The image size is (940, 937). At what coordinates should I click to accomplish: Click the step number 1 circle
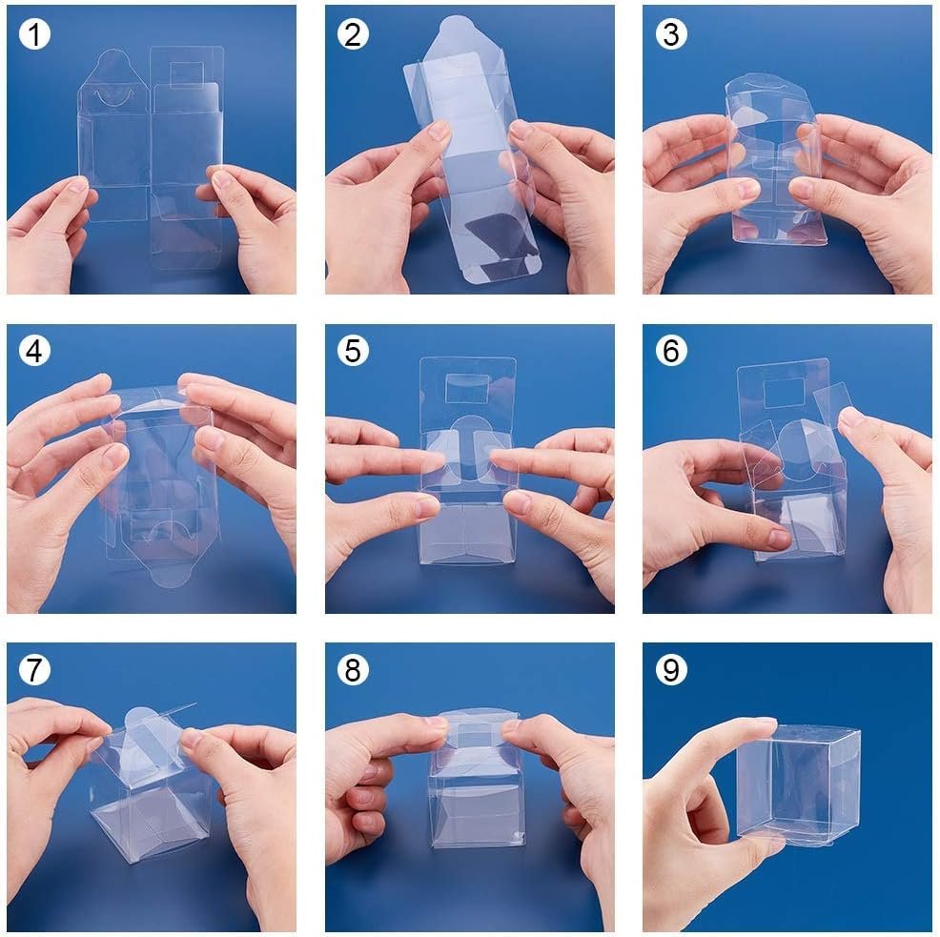(x=35, y=34)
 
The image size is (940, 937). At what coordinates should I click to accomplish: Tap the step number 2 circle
(x=354, y=34)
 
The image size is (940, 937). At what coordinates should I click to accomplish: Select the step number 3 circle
(x=671, y=34)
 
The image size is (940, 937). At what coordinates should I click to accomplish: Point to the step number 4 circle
(x=35, y=352)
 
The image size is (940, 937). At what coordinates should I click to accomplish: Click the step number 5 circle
(x=354, y=352)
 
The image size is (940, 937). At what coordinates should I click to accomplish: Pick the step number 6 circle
(x=671, y=352)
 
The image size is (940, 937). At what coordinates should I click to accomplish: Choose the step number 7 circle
(x=35, y=670)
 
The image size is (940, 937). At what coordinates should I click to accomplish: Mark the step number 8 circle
(x=354, y=670)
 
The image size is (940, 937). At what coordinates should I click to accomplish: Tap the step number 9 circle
(x=671, y=670)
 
